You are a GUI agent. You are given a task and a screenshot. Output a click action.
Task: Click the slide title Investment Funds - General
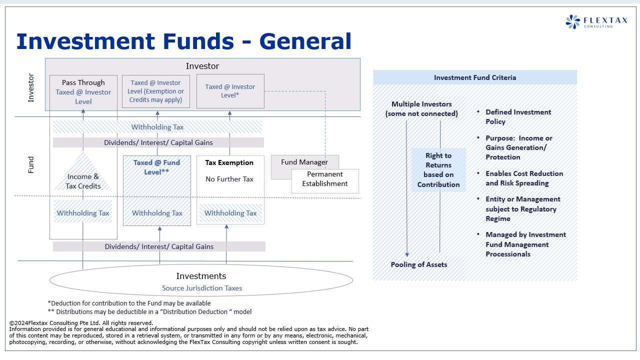[183, 41]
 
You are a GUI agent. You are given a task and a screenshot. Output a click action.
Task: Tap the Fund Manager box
[304, 162]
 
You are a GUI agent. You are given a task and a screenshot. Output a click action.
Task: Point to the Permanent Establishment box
[325, 179]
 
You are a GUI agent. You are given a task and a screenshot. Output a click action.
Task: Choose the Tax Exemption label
[229, 162]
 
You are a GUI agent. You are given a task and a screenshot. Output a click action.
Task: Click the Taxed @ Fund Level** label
[156, 167]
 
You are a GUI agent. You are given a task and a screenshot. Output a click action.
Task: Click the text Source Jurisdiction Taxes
[202, 288]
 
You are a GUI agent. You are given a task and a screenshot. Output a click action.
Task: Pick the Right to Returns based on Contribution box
[438, 170]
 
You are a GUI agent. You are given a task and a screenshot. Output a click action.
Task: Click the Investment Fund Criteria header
[474, 77]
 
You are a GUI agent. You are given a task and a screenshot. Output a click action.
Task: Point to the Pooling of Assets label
[419, 264]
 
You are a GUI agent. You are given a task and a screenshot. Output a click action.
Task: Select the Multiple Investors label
[421, 108]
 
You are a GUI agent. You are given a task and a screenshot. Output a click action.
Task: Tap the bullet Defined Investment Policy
[518, 116]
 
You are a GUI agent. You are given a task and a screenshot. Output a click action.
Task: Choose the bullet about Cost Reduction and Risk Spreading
[524, 178]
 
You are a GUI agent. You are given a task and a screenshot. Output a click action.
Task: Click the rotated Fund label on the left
[31, 165]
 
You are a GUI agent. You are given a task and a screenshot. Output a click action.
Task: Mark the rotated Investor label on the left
[31, 88]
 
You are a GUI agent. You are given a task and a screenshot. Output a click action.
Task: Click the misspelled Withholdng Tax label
[157, 213]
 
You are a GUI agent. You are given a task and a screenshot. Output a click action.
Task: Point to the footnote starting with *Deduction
[129, 303]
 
